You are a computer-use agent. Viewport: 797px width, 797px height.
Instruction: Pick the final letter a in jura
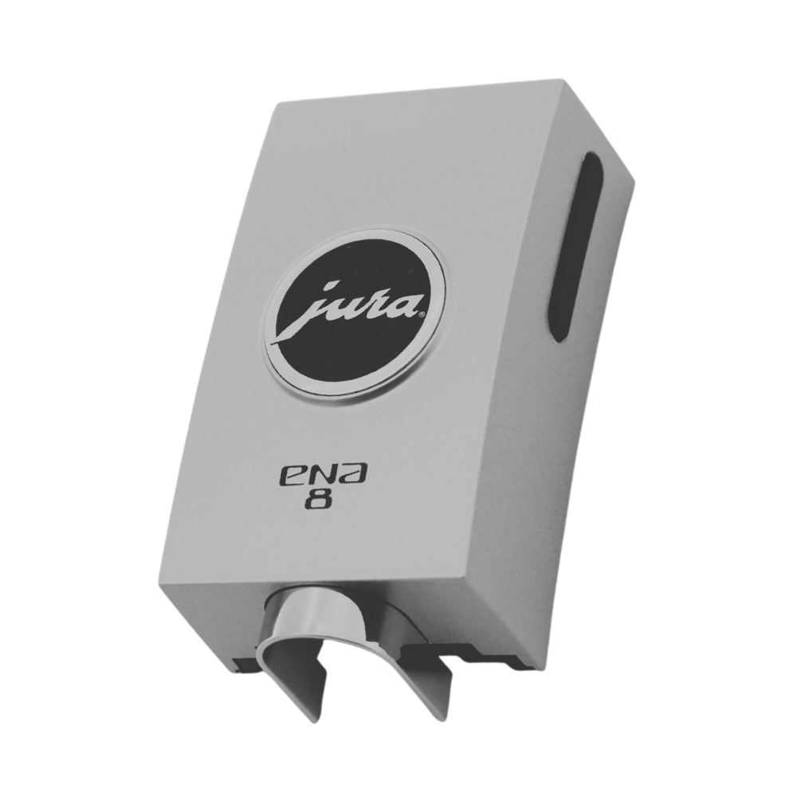tap(406, 304)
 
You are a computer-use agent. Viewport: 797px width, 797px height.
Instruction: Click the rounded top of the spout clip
tap(336, 606)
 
